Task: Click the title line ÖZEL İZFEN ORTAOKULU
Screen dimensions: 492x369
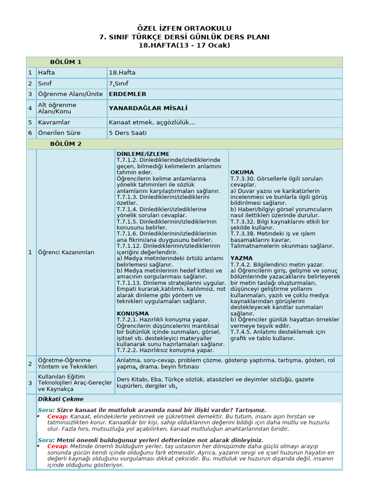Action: (184, 29)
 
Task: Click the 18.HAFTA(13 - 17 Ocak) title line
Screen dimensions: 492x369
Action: (184, 45)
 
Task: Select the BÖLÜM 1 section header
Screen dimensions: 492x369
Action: (66, 62)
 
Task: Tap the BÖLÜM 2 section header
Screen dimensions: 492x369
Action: (66, 144)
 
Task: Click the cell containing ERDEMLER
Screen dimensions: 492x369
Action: (127, 94)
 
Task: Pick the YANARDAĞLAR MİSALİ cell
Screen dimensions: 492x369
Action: (148, 108)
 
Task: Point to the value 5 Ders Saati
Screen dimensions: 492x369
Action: (128, 133)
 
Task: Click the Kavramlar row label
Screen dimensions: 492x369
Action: (54, 123)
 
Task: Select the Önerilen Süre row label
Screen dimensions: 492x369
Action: (59, 133)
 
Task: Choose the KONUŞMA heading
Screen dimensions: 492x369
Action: (133, 313)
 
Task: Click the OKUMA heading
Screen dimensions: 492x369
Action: (242, 172)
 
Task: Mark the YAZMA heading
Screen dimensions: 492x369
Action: (241, 258)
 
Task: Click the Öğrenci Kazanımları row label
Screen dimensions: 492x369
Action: (66, 252)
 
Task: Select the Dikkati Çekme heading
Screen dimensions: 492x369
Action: (61, 399)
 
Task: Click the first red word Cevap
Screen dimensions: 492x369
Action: (57, 416)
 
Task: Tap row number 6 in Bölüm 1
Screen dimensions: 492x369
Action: (30, 133)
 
